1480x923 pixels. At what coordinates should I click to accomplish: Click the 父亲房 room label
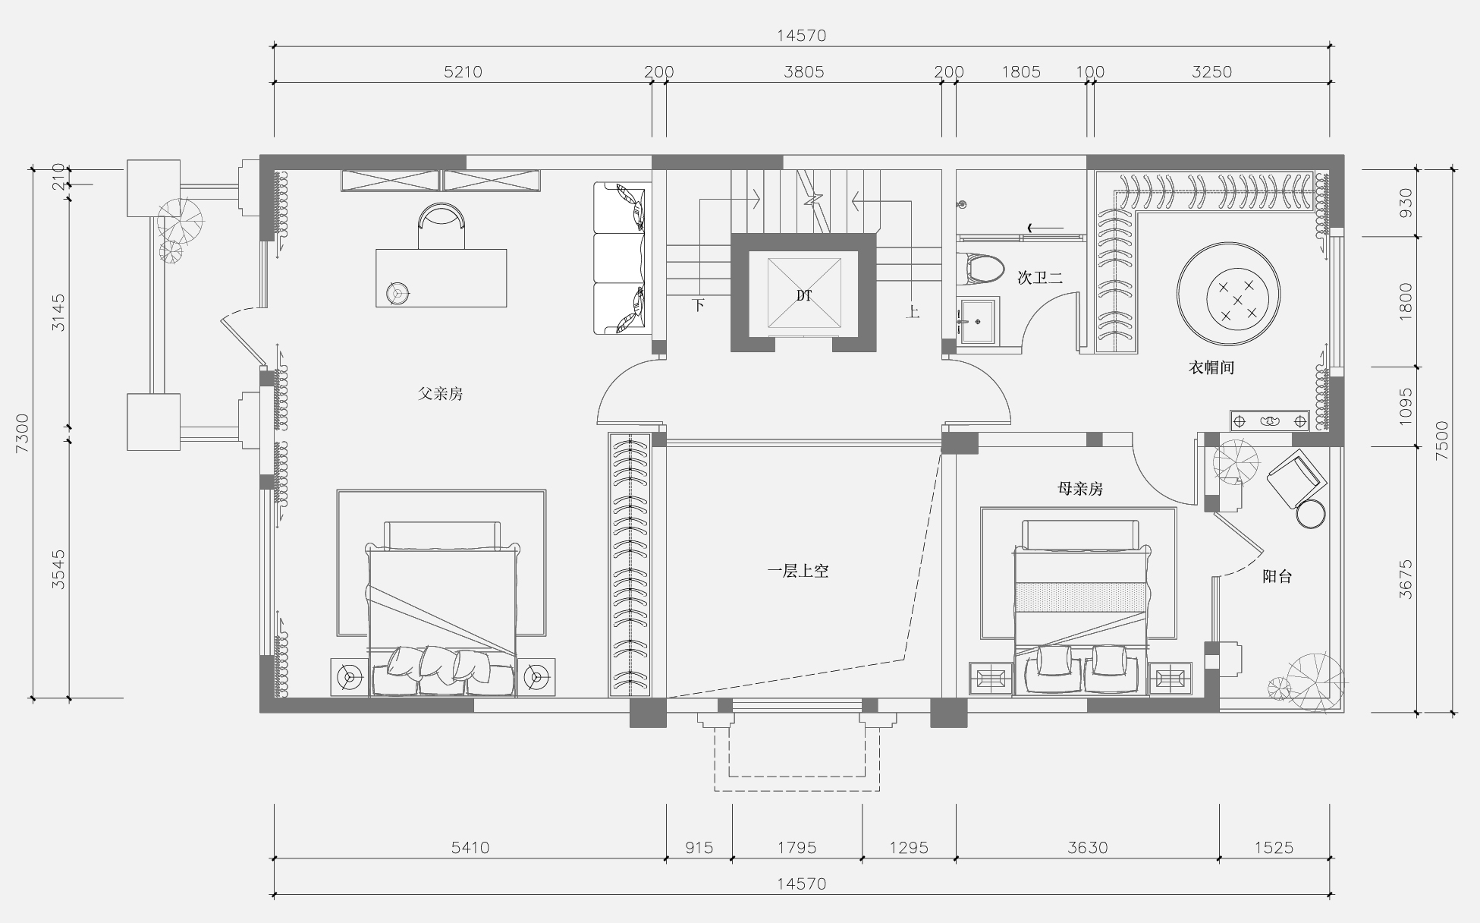(x=440, y=394)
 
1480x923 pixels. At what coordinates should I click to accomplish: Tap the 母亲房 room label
(x=1080, y=489)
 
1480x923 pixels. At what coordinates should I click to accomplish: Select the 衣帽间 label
(x=1211, y=368)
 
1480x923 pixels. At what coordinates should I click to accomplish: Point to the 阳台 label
(x=1277, y=577)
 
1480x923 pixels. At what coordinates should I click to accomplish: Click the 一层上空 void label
(x=798, y=572)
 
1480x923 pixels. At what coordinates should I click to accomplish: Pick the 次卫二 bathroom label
(x=1040, y=279)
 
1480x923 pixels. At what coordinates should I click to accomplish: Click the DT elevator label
(x=804, y=296)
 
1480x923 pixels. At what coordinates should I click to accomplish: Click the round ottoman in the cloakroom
(x=1229, y=295)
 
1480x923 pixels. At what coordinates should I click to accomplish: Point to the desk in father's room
(x=441, y=278)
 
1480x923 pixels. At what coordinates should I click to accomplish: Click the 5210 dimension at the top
(x=463, y=72)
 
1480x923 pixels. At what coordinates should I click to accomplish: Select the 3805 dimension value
(x=804, y=72)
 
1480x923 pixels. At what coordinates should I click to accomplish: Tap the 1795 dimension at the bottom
(x=797, y=848)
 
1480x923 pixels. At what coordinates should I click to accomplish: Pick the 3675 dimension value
(x=1406, y=580)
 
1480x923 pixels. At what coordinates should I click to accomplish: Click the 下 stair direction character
(x=699, y=306)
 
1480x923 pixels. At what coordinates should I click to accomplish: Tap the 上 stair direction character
(x=913, y=312)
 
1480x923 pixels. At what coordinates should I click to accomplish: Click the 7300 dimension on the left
(x=22, y=433)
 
